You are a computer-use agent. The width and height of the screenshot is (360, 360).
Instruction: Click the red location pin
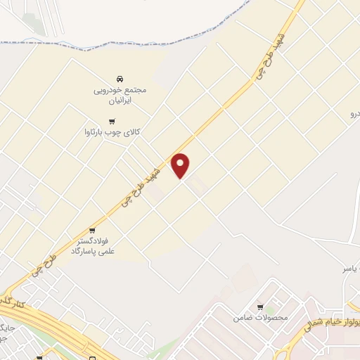point(181,165)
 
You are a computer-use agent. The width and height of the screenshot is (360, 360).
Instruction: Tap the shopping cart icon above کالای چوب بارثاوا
point(102,121)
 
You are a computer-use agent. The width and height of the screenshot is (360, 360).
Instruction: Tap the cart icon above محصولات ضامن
point(260,307)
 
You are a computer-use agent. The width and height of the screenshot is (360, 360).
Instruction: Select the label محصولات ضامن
point(261,317)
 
